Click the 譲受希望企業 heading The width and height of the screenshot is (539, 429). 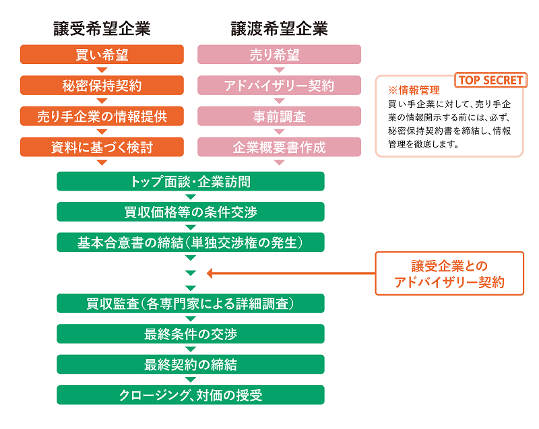point(102,28)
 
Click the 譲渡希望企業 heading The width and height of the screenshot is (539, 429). point(279,28)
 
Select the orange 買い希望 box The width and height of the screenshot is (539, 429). point(102,55)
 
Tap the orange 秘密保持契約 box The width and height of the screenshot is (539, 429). point(102,86)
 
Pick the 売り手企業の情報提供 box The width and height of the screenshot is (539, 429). point(102,117)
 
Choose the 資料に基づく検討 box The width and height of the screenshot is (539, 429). point(102,147)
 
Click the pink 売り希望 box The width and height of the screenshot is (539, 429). point(279,55)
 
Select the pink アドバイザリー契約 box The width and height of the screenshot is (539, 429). point(279,86)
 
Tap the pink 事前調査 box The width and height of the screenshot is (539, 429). point(279,117)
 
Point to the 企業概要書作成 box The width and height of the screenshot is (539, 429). point(279,147)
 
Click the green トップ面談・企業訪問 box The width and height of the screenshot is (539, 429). point(191,181)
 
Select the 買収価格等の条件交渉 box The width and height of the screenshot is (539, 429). point(191,211)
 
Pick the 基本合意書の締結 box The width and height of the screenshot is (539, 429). point(191,242)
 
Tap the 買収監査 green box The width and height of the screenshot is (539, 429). point(191,303)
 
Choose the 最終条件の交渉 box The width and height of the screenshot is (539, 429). point(191,333)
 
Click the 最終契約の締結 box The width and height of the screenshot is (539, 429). point(191,364)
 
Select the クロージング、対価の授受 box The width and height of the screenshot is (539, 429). point(191,395)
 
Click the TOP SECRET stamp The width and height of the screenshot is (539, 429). point(490,80)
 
